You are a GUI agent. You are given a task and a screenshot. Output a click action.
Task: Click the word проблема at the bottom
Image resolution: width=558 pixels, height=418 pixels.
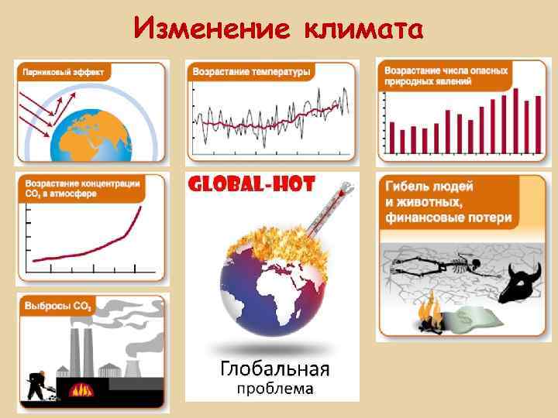pyautogui.click(x=275, y=387)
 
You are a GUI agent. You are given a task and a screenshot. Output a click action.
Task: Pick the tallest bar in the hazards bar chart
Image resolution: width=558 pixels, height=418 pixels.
pyautogui.click(x=514, y=120)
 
